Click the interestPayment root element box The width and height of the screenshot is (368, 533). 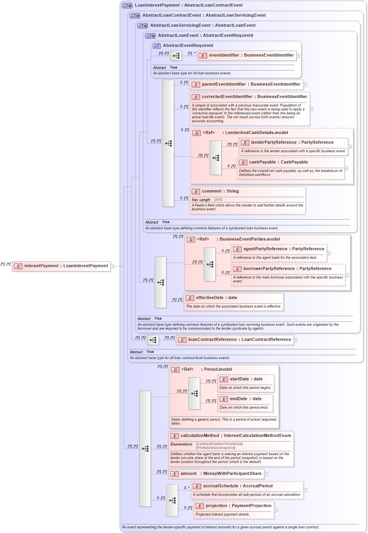pos(61,266)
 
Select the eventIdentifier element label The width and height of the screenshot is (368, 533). pos(251,55)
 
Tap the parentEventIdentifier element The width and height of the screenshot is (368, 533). pos(251,84)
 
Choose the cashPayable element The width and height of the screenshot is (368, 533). pos(278,162)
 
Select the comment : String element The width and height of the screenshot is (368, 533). pos(220,191)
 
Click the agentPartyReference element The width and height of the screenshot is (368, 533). pos(283,249)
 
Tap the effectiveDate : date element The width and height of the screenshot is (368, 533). pos(216,298)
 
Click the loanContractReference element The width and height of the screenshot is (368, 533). pos(239,340)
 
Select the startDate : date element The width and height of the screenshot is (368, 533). pos(246,379)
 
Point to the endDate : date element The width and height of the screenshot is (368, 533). pos(245,399)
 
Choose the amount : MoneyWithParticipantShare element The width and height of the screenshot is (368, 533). pos(221,474)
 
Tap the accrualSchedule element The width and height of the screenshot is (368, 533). pos(237,486)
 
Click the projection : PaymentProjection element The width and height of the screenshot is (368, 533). pos(238,506)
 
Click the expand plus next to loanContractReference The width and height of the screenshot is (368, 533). pos(295,340)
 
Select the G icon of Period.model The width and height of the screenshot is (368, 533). pos(175,370)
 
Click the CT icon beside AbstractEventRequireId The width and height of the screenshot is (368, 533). pos(157,46)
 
